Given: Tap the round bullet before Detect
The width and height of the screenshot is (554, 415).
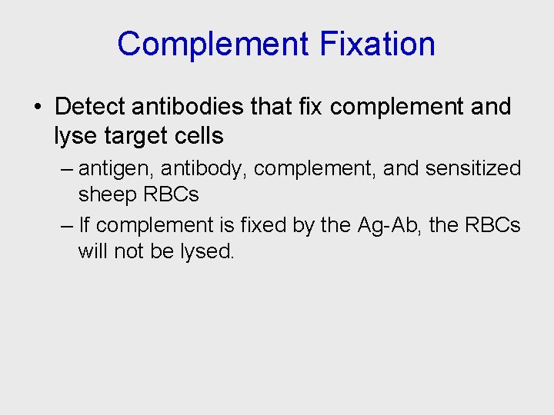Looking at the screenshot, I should (x=38, y=107).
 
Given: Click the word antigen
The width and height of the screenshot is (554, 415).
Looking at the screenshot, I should (x=115, y=168).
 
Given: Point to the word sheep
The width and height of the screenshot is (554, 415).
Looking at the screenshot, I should (x=108, y=195).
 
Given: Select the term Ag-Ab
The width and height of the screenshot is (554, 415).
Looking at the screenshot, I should (x=384, y=225).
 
